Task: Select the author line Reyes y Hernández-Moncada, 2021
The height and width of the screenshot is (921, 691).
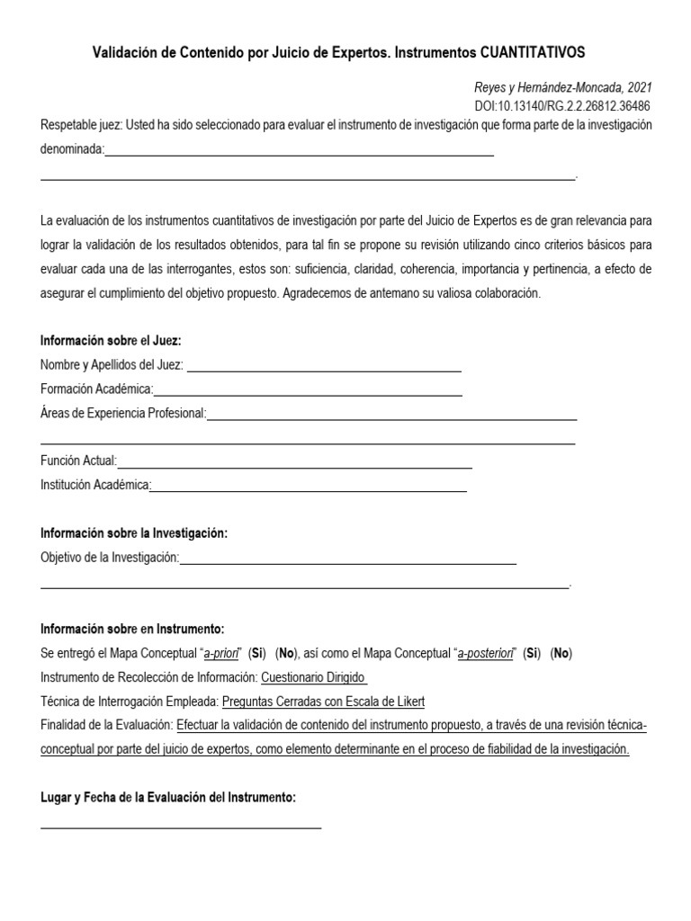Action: (x=562, y=87)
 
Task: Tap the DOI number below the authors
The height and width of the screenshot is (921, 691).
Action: (x=562, y=105)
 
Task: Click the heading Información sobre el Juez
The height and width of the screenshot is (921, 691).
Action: (x=111, y=341)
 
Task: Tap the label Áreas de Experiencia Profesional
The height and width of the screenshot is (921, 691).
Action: (x=123, y=413)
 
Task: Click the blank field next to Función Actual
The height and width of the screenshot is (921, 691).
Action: (x=294, y=461)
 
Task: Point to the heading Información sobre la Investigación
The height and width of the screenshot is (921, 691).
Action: (x=134, y=533)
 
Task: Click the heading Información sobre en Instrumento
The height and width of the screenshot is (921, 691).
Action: (x=132, y=629)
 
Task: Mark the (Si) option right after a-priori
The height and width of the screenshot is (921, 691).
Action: (x=258, y=653)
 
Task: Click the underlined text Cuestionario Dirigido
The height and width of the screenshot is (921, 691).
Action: (x=313, y=677)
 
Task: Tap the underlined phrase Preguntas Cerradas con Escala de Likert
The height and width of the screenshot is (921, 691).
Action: (x=323, y=702)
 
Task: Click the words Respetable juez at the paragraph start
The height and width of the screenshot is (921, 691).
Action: (x=79, y=125)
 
